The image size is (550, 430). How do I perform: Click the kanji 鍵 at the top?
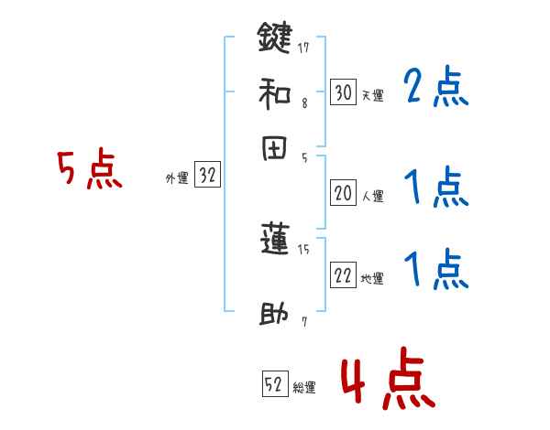click(274, 38)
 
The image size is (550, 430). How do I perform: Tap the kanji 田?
click(274, 149)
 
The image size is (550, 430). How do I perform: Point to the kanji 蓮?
click(274, 240)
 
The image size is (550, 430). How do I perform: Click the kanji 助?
click(274, 315)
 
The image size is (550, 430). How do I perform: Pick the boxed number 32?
click(207, 177)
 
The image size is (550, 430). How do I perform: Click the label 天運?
click(372, 95)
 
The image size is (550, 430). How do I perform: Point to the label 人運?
click(372, 196)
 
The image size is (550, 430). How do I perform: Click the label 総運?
click(303, 388)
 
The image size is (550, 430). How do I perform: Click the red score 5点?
click(90, 170)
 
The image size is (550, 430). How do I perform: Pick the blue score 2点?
click(435, 87)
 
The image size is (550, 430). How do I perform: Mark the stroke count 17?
click(302, 44)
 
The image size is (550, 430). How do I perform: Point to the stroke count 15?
click(303, 248)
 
